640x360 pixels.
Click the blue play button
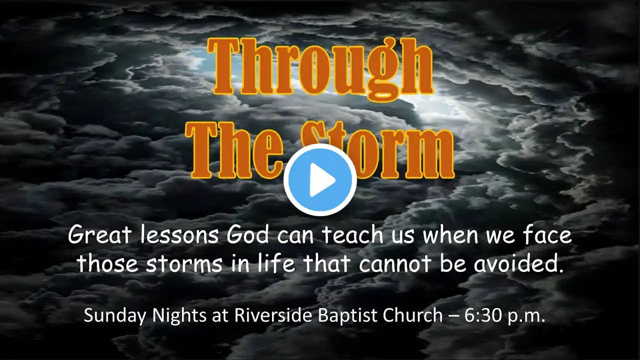pyautogui.click(x=320, y=180)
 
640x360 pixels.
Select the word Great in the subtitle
pyautogui.click(x=99, y=235)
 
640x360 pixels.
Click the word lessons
pyautogui.click(x=179, y=235)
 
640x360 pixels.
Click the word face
pyautogui.click(x=547, y=235)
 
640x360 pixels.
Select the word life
pyautogui.click(x=276, y=263)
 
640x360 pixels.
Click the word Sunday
pyautogui.click(x=115, y=316)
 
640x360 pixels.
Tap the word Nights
pyautogui.click(x=179, y=316)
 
